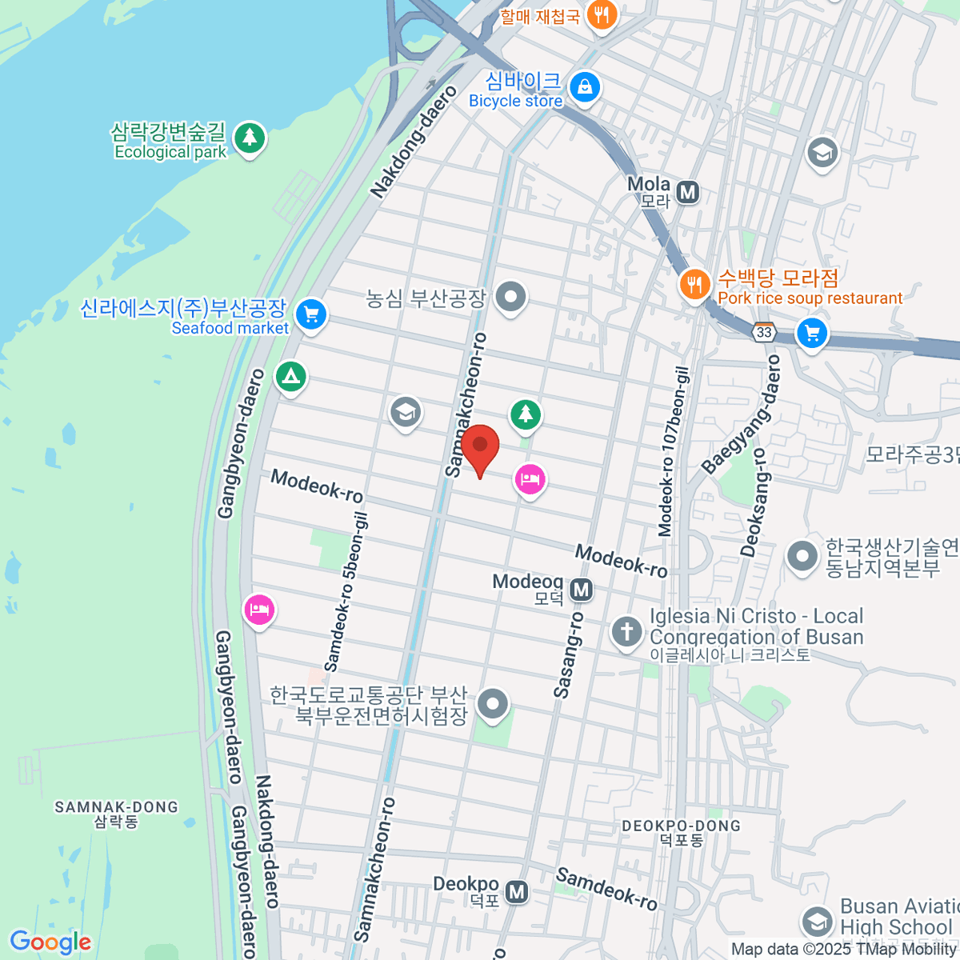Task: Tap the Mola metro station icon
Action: click(687, 192)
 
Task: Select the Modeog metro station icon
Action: click(582, 590)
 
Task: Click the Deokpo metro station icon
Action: click(518, 891)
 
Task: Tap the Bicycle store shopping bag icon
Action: click(585, 86)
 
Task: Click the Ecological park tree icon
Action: click(250, 137)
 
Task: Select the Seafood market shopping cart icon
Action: click(311, 314)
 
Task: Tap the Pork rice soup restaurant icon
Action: click(694, 284)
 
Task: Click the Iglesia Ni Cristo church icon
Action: click(626, 631)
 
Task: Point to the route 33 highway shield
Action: click(764, 332)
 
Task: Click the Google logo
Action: click(50, 942)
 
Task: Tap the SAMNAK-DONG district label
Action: click(116, 814)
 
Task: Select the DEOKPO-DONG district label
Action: click(681, 832)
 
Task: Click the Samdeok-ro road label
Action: click(606, 888)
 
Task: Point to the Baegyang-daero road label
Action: click(741, 414)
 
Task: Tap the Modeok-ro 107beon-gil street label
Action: click(674, 451)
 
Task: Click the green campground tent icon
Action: click(290, 375)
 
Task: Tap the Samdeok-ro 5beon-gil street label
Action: click(346, 593)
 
